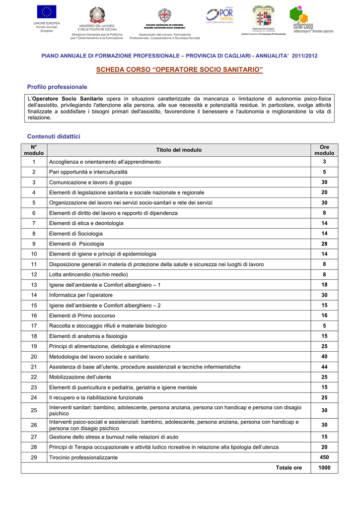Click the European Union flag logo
tap(46, 12)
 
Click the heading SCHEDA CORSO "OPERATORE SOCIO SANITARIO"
tap(179, 70)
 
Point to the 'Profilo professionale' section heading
tap(57, 87)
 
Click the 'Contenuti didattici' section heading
tap(54, 136)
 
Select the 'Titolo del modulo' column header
tap(179, 150)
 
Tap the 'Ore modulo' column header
tap(324, 150)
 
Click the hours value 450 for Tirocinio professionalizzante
tap(324, 457)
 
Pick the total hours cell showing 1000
tap(324, 467)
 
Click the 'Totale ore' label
tap(288, 468)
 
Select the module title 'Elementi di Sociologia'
tap(76, 233)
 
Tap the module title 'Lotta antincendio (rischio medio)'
tap(88, 274)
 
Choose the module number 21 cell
tap(34, 367)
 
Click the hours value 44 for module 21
tap(324, 367)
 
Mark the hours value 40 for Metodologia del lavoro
tap(324, 356)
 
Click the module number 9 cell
tap(34, 244)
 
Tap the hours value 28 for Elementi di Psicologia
tap(324, 244)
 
